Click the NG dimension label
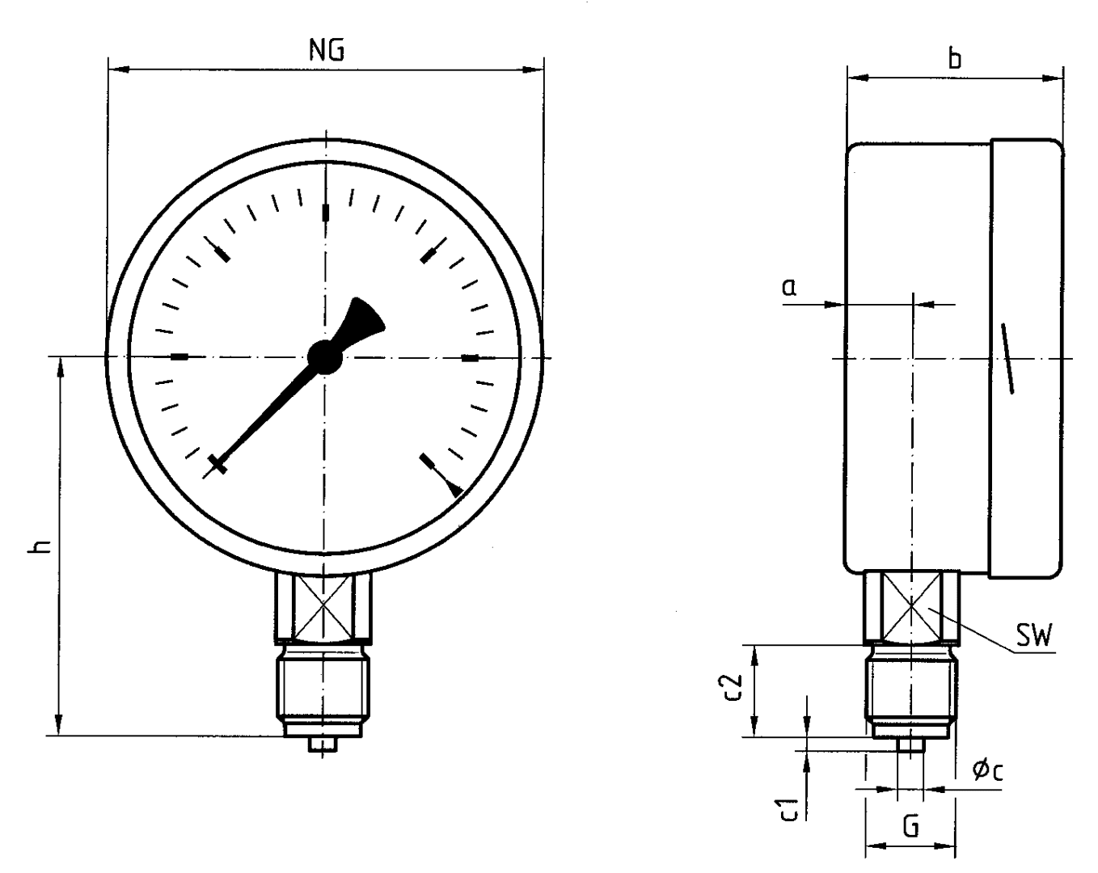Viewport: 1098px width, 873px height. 327,50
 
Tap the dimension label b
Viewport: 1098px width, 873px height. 954,58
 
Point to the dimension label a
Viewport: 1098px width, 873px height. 789,287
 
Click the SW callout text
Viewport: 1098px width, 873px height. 1033,635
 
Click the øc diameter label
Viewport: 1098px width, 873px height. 987,770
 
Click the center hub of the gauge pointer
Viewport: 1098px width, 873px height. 325,356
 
